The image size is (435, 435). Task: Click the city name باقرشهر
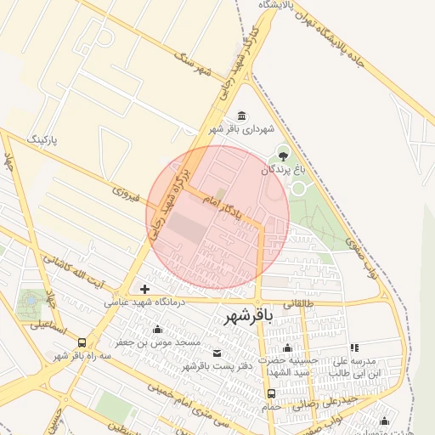[248, 318]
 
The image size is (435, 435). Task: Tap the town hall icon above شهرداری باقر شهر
[242, 116]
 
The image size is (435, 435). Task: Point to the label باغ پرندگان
[281, 170]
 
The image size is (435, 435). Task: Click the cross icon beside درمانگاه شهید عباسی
[144, 290]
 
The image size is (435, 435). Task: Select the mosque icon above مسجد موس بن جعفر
[157, 329]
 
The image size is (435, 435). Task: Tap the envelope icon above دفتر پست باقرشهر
[215, 353]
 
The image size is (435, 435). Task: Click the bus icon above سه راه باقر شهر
[82, 343]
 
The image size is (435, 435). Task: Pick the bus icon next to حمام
[271, 393]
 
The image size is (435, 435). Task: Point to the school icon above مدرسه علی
[354, 347]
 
